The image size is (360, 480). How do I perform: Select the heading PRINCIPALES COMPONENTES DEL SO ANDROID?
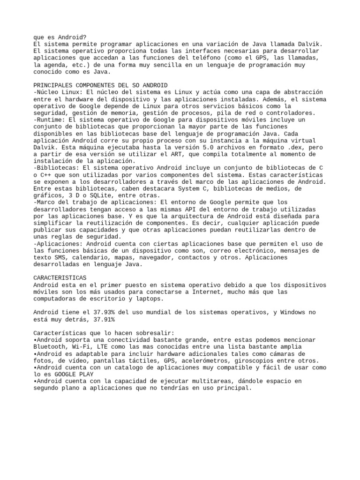coord(100,85)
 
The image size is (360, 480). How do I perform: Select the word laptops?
coord(149,299)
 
